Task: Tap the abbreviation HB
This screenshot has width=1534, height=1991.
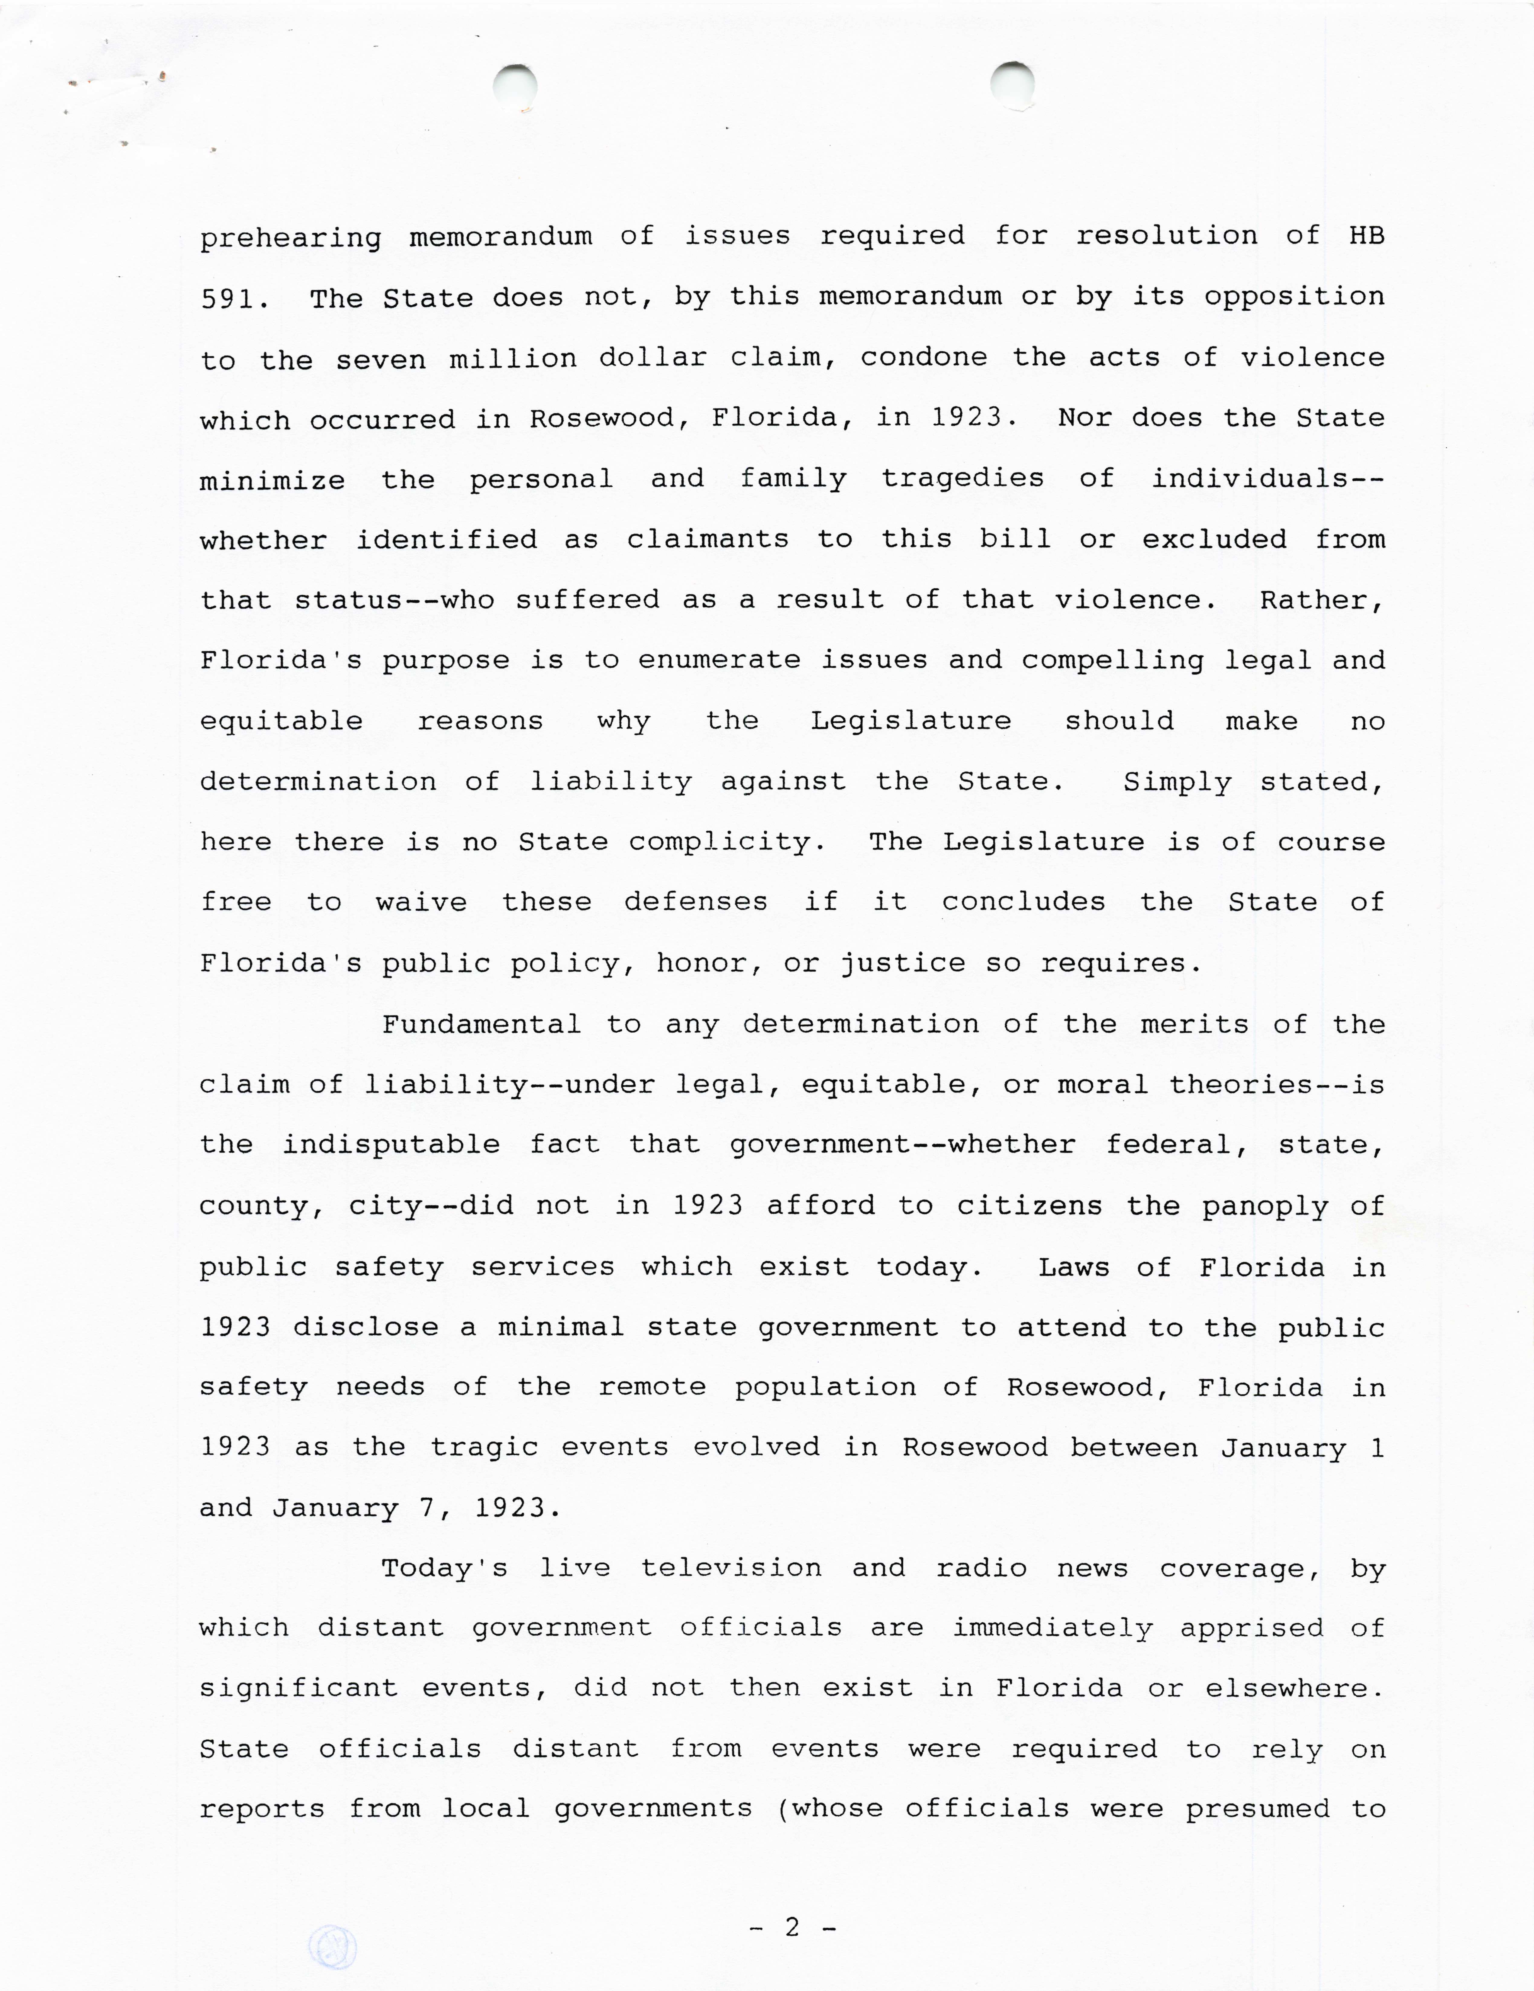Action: click(1365, 236)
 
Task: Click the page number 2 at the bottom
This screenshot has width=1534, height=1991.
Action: click(791, 1927)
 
